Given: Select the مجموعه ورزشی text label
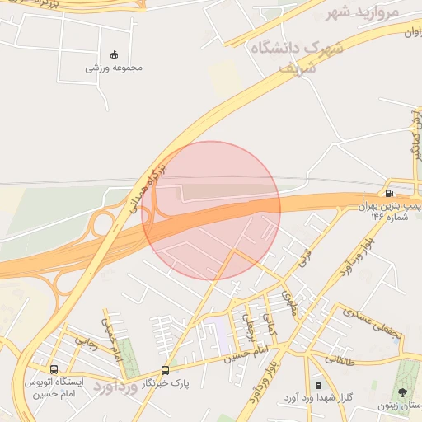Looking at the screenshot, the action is (x=114, y=68).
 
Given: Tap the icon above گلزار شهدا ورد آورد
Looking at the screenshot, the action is (x=318, y=385).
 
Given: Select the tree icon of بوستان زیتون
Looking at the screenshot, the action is (x=403, y=393).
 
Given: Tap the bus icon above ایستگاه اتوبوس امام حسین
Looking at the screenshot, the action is (x=54, y=370).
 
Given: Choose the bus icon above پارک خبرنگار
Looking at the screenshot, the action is (x=165, y=371).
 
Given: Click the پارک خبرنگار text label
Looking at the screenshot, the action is (x=162, y=383).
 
